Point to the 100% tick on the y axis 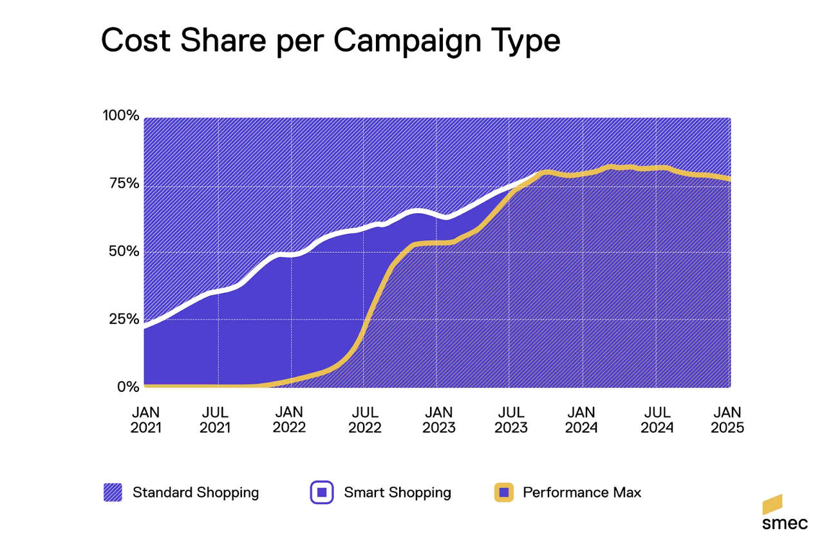point(120,116)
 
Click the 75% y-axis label point(122,184)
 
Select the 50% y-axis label point(122,252)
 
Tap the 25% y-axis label point(122,319)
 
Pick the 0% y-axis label point(127,387)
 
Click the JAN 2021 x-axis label point(146,419)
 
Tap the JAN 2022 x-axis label point(290,419)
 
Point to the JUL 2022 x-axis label point(364,419)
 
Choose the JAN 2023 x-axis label point(438,419)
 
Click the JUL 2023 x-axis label point(510,419)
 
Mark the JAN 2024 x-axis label point(582,419)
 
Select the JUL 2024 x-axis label point(657,419)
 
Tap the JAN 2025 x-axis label point(727,419)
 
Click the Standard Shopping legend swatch point(112,493)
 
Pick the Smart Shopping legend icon point(321,493)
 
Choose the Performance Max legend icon point(503,493)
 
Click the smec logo point(783,513)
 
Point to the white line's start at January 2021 point(145,328)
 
